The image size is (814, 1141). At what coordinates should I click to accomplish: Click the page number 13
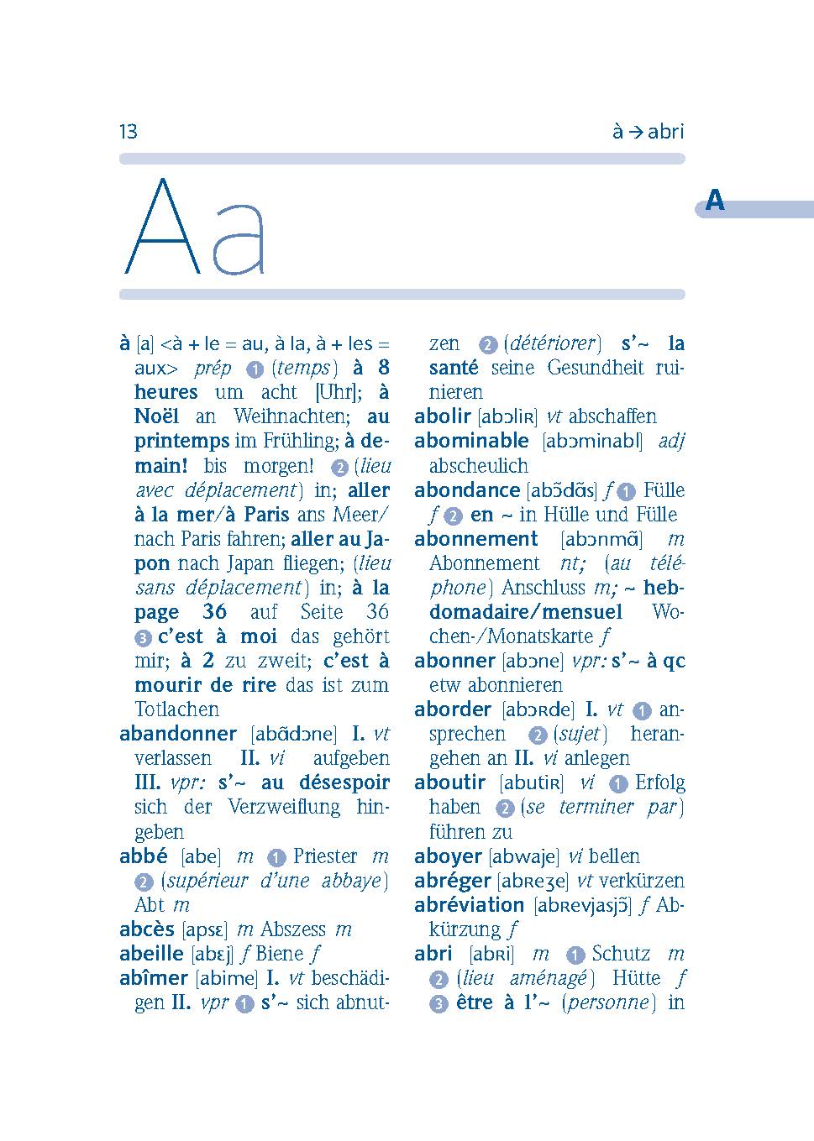(x=129, y=132)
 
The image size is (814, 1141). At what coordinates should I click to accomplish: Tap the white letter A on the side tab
(x=715, y=202)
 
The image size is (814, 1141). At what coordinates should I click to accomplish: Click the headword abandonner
(x=178, y=734)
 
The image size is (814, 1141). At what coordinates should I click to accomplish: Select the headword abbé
(x=144, y=856)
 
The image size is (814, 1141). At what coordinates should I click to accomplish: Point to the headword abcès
(x=147, y=929)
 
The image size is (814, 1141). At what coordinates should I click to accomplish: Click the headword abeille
(x=151, y=954)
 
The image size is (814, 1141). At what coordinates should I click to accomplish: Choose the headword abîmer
(x=154, y=978)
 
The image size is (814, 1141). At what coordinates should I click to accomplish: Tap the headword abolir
(x=442, y=416)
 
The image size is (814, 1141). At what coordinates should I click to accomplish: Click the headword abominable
(x=471, y=441)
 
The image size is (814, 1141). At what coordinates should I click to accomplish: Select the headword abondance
(x=467, y=490)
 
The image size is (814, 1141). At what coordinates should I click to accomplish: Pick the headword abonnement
(x=475, y=539)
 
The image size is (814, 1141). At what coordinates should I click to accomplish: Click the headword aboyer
(x=448, y=856)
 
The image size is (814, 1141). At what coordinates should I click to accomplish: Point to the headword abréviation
(x=469, y=905)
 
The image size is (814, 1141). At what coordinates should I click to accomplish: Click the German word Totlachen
(x=176, y=709)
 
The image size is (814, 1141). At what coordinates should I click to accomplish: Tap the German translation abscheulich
(x=479, y=466)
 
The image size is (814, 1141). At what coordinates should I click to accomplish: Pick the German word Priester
(x=325, y=856)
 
